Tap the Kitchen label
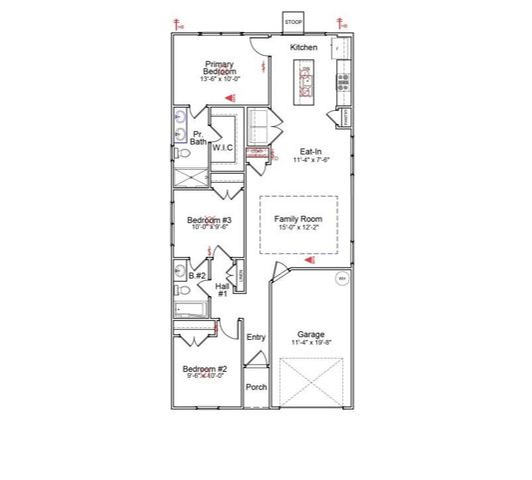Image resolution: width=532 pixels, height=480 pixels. (x=303, y=47)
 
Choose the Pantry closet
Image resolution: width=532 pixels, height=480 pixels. (x=344, y=117)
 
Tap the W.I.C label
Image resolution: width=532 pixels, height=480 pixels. (x=222, y=147)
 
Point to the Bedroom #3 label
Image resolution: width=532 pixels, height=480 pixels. (x=210, y=220)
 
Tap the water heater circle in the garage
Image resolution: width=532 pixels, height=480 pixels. (x=340, y=279)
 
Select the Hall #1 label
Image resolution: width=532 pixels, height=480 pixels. (x=223, y=290)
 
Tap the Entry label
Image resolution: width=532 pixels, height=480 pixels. (x=256, y=337)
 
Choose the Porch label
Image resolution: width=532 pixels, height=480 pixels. (x=257, y=387)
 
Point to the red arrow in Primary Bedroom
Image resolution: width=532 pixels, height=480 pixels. (x=229, y=98)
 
